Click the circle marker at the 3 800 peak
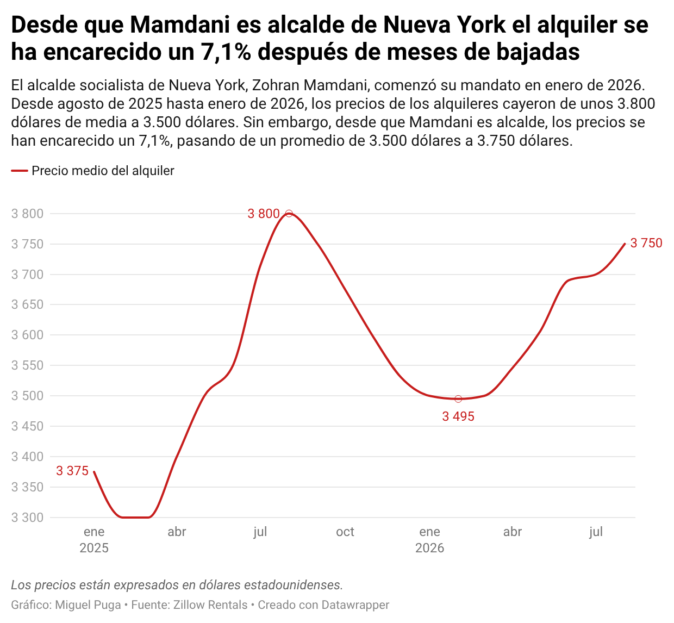(289, 214)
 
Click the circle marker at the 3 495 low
(458, 399)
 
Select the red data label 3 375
(72, 471)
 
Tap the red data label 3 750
(646, 243)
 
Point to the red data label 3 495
(458, 416)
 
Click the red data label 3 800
(264, 214)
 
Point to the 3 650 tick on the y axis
(28, 304)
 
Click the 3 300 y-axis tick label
(28, 518)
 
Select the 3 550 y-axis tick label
(28, 365)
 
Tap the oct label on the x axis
(345, 532)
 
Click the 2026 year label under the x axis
(429, 548)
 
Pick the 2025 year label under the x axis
(94, 548)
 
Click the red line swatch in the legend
(20, 171)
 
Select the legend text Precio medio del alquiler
(103, 171)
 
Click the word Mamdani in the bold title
(180, 25)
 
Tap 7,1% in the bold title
(226, 52)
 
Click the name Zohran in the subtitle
(276, 85)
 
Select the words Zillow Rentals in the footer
(210, 605)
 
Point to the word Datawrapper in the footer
(355, 605)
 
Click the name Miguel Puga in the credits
(88, 605)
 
